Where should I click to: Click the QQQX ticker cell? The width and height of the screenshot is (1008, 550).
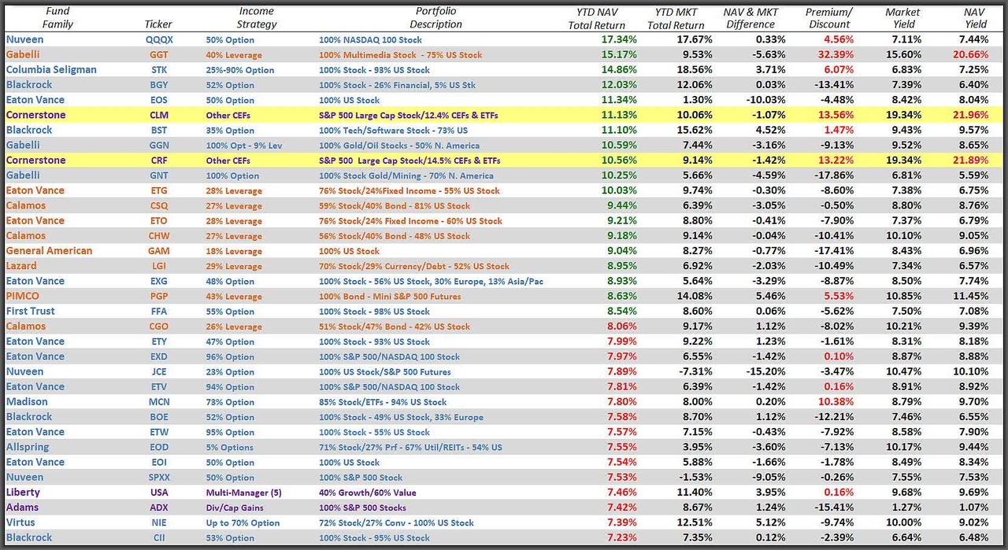(159, 39)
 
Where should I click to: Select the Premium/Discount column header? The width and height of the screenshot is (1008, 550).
(828, 18)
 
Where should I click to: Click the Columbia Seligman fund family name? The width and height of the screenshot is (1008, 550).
(51, 69)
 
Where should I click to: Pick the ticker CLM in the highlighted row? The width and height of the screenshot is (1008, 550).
(159, 115)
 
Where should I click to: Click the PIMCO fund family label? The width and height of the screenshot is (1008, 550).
(22, 296)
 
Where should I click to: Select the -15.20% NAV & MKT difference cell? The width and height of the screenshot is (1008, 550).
(763, 371)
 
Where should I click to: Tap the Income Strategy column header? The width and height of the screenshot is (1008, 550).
(257, 18)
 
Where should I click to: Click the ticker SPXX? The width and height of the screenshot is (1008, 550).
(159, 478)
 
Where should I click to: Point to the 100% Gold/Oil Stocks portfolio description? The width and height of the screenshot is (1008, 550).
(389, 146)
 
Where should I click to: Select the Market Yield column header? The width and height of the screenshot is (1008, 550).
(902, 18)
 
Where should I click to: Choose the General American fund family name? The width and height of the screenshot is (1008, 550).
(49, 251)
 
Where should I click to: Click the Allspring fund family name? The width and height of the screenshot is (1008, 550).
(28, 447)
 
